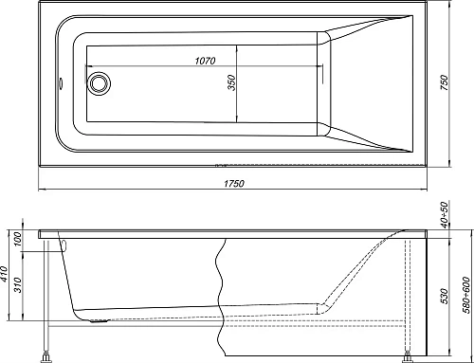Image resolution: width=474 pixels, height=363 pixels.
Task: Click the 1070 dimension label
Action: [x=206, y=61]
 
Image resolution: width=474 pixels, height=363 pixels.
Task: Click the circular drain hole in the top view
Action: [x=99, y=83]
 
